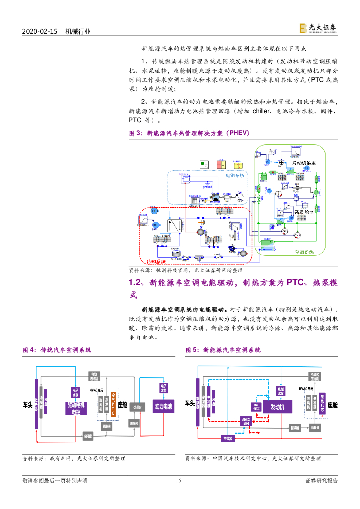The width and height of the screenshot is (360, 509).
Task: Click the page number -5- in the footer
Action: point(180,480)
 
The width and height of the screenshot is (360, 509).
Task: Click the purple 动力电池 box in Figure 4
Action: point(163,406)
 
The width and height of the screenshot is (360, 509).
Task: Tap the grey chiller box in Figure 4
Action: point(137,406)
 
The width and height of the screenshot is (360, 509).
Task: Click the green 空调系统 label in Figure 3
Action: point(304,252)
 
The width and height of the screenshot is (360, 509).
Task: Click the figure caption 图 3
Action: point(135,133)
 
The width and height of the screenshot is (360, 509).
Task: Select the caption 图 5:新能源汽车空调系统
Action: point(223,350)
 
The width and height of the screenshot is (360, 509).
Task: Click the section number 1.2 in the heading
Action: point(135,282)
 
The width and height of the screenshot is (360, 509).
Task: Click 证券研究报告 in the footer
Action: point(321,480)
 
